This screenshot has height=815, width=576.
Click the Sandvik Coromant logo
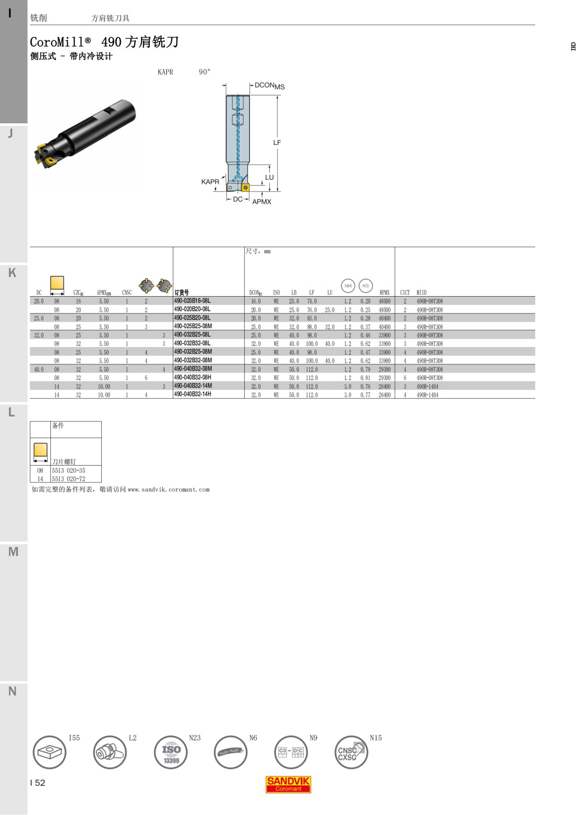(x=288, y=784)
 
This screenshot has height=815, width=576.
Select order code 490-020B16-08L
(x=192, y=301)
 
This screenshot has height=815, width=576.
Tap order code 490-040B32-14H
(x=192, y=395)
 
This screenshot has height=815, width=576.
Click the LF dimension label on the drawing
(x=277, y=143)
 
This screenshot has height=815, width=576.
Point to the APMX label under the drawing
(x=262, y=202)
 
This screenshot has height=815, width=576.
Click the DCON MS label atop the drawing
(x=269, y=86)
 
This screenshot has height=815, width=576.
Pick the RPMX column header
(x=384, y=292)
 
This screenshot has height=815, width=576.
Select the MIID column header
(x=421, y=292)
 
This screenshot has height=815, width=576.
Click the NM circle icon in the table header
(x=348, y=286)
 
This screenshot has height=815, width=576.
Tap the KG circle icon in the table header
(x=366, y=286)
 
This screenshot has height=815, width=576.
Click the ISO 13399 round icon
(x=171, y=752)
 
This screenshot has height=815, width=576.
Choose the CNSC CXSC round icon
(x=351, y=752)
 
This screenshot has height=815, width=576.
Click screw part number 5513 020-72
(x=69, y=479)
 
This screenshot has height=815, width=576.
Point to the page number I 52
(x=37, y=783)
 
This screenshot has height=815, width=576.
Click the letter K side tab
(x=12, y=273)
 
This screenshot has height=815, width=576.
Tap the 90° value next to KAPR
(x=204, y=72)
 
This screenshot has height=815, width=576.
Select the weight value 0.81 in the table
(x=365, y=378)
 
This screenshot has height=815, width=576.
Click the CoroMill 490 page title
(x=104, y=42)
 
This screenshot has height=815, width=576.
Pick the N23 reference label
(x=194, y=738)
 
